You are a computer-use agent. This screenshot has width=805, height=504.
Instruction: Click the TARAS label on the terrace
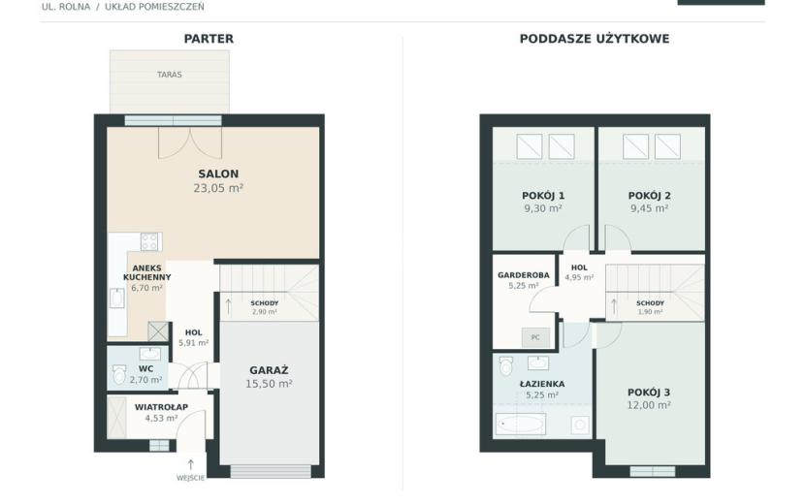pyautogui.click(x=170, y=75)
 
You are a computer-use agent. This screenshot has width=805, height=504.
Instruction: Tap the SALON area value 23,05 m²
pyautogui.click(x=218, y=188)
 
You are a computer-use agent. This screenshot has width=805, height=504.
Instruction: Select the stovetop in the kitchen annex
pyautogui.click(x=151, y=241)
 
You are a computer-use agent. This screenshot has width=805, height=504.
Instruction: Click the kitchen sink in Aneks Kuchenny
pyautogui.click(x=117, y=299)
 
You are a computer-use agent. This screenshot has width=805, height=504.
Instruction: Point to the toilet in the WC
pyautogui.click(x=119, y=374)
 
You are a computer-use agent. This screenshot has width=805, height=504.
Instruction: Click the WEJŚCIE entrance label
pyautogui.click(x=190, y=478)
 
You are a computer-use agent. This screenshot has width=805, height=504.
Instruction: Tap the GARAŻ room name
pyautogui.click(x=269, y=370)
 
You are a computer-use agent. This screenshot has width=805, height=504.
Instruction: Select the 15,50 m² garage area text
pyautogui.click(x=269, y=384)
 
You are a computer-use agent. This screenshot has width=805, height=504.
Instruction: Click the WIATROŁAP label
pyautogui.click(x=161, y=407)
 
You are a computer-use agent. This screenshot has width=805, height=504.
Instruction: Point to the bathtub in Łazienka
pyautogui.click(x=520, y=424)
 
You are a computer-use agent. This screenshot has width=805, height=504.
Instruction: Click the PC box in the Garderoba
pyautogui.click(x=535, y=337)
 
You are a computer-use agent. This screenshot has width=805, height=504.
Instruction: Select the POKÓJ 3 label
pyautogui.click(x=649, y=393)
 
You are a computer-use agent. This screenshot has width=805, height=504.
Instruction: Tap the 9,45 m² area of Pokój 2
pyautogui.click(x=649, y=208)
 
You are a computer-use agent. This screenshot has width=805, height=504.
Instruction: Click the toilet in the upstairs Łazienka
pyautogui.click(x=506, y=366)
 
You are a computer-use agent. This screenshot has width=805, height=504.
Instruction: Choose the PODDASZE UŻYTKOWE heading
pyautogui.click(x=594, y=39)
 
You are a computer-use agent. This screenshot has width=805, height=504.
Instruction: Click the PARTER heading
pyautogui.click(x=209, y=39)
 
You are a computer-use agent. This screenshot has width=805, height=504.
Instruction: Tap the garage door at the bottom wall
pyautogui.click(x=271, y=471)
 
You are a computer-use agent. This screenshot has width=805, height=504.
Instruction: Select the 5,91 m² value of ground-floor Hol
pyautogui.click(x=194, y=343)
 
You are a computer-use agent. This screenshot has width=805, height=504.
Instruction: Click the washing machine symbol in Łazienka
pyautogui.click(x=580, y=425)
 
